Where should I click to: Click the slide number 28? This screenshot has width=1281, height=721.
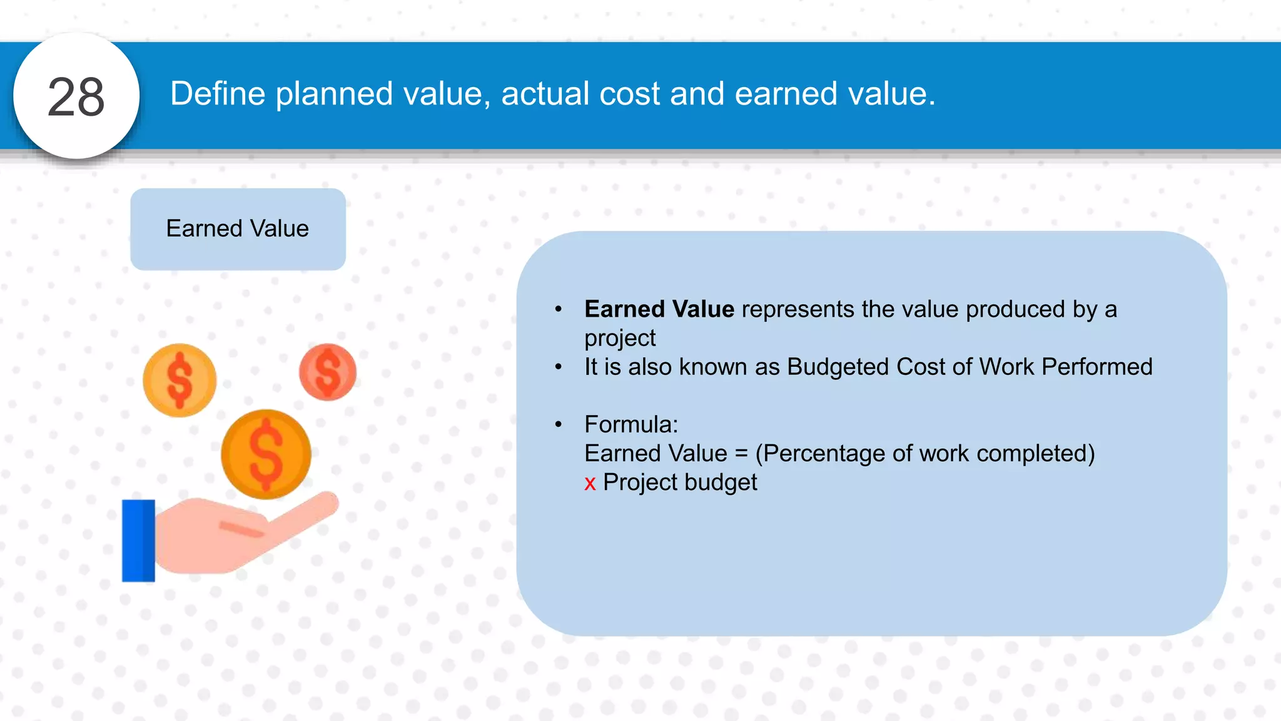point(76,97)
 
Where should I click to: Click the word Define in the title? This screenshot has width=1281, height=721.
point(218,94)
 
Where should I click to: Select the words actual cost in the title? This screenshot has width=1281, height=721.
point(580,94)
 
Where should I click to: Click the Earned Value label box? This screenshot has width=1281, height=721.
point(238,229)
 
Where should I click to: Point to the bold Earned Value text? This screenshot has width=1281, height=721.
point(659,309)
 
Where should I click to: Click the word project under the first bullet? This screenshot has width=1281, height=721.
point(619,339)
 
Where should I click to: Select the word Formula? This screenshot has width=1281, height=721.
point(630,425)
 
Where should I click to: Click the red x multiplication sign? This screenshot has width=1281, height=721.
point(590,484)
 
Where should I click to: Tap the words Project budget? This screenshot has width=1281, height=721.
point(680,483)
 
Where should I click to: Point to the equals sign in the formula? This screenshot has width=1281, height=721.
point(741,454)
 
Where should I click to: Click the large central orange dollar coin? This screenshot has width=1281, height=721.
point(266,454)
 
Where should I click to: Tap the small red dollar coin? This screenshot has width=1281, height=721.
point(328,372)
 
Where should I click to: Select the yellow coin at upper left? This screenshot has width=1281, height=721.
point(180,380)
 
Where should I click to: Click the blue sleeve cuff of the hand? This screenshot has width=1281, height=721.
point(138,541)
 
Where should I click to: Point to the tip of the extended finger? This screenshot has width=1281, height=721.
point(330,501)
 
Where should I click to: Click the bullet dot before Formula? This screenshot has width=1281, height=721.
point(559,425)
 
